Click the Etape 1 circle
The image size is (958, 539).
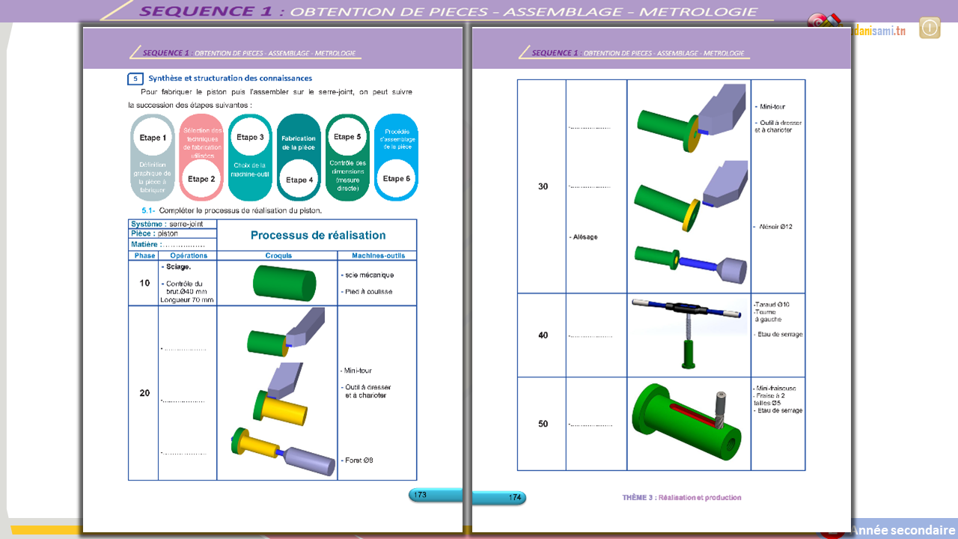(153, 138)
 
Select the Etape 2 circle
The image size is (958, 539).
(201, 179)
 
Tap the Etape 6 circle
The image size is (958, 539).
(396, 179)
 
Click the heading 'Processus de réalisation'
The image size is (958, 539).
(318, 235)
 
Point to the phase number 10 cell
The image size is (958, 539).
(144, 283)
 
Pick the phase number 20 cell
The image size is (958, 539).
(144, 393)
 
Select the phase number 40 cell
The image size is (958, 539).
(543, 335)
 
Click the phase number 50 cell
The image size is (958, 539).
(543, 424)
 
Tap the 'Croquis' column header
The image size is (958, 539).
(278, 256)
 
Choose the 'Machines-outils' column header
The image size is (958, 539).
(378, 256)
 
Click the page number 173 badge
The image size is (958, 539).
(420, 495)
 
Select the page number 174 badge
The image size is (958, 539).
(515, 497)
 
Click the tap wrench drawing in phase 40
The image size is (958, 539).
(687, 308)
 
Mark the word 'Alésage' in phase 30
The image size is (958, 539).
(584, 237)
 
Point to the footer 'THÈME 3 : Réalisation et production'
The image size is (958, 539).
(682, 498)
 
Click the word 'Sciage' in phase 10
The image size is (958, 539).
(178, 267)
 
